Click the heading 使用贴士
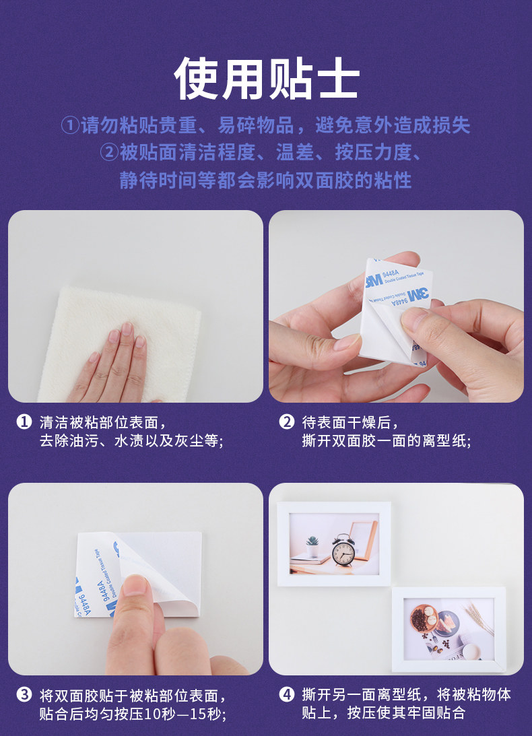point(266,78)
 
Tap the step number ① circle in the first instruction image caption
point(24,422)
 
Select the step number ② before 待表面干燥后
point(286,422)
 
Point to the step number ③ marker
point(24,694)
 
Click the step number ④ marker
point(286,694)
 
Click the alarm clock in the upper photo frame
point(343,550)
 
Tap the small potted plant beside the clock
point(312,547)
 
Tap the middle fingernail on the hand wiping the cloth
point(127,329)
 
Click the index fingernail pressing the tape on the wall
point(136,585)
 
